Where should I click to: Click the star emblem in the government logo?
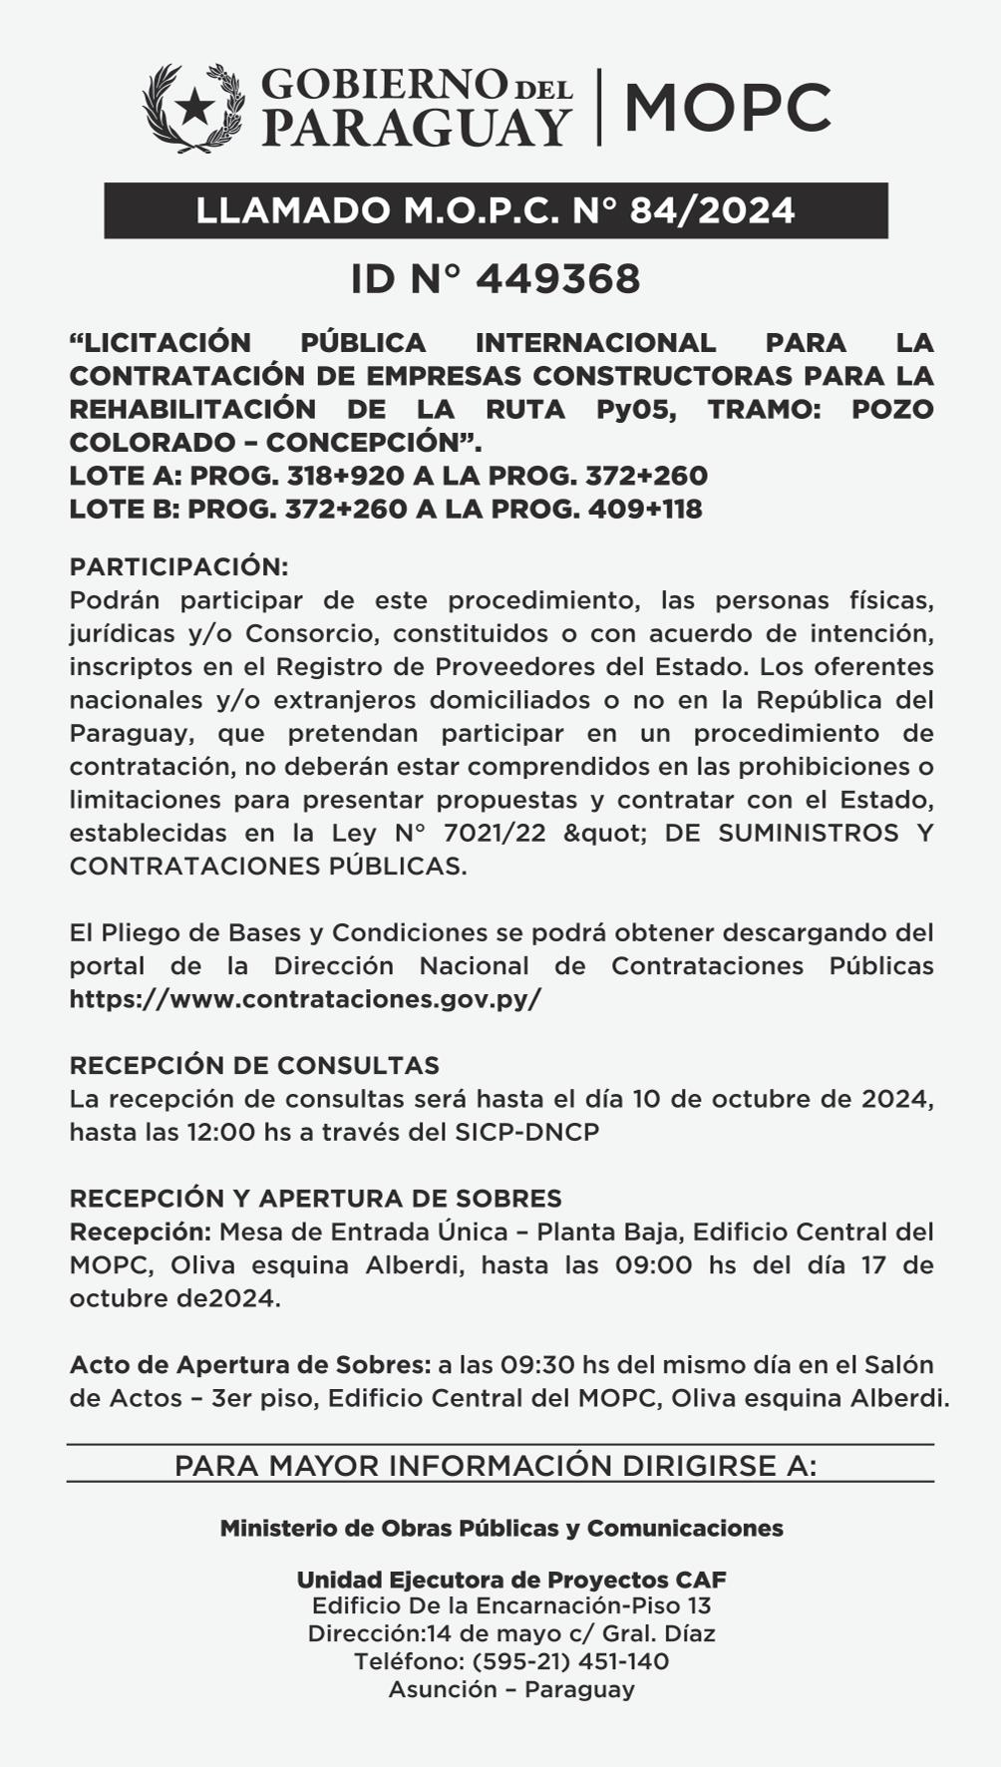(x=194, y=106)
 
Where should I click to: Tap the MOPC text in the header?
(x=727, y=108)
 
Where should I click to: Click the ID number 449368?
(x=557, y=280)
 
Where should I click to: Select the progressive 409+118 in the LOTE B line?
(x=645, y=509)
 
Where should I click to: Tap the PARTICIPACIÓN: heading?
(x=178, y=566)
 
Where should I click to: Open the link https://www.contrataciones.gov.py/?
(x=305, y=999)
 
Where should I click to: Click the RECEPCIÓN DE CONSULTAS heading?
(x=254, y=1065)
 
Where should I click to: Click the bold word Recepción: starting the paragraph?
(x=140, y=1232)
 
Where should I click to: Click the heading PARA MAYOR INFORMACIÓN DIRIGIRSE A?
(x=496, y=1466)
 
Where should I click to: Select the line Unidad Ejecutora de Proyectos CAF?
(x=511, y=1580)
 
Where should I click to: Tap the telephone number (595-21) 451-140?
(x=570, y=1661)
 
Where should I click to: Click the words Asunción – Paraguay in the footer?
(x=511, y=1689)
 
